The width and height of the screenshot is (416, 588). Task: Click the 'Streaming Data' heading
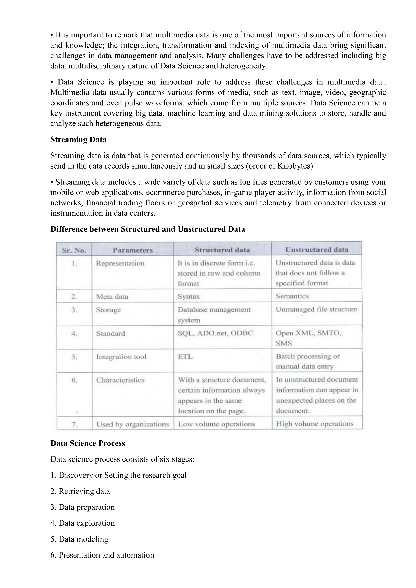click(x=78, y=139)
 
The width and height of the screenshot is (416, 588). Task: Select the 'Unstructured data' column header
click(x=317, y=250)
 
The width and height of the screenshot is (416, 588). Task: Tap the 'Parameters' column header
click(x=133, y=250)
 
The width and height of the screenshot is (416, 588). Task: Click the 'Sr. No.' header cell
click(x=74, y=250)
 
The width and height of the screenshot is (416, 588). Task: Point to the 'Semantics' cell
click(x=292, y=296)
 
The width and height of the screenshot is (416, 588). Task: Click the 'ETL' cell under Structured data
click(x=185, y=357)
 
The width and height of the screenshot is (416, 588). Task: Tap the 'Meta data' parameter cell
click(x=112, y=297)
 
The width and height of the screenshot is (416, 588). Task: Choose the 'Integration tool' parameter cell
click(x=121, y=357)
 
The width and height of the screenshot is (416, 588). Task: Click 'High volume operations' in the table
click(x=315, y=424)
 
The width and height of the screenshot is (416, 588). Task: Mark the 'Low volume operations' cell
click(x=217, y=424)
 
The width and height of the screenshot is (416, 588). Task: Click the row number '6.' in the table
click(x=74, y=380)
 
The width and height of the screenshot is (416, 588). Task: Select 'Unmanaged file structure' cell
click(x=316, y=309)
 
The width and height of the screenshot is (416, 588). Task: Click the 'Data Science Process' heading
click(x=88, y=443)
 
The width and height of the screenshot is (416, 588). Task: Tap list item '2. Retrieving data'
click(x=80, y=491)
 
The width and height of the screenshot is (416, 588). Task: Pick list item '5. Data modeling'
click(x=79, y=539)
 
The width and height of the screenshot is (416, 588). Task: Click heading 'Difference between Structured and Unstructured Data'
click(x=147, y=229)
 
